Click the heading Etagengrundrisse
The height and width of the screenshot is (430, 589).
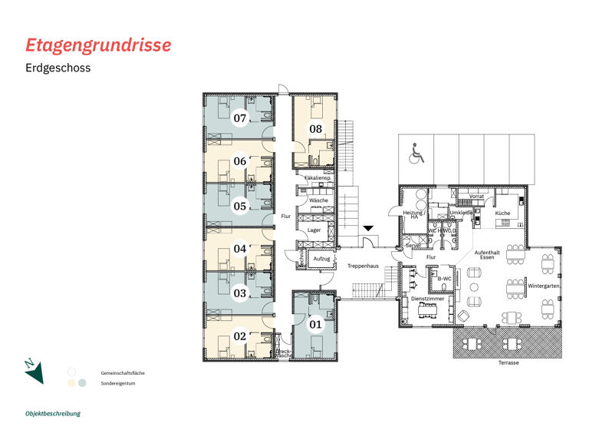pyautogui.click(x=98, y=45)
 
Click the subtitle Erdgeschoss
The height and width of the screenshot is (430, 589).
pyautogui.click(x=58, y=68)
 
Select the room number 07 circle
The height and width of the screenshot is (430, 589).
pyautogui.click(x=240, y=118)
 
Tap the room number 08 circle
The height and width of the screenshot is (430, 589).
pyautogui.click(x=315, y=129)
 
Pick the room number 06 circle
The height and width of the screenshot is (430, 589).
pyautogui.click(x=240, y=161)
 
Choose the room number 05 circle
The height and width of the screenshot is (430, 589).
pyautogui.click(x=240, y=206)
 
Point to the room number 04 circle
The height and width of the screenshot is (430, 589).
pyautogui.click(x=240, y=249)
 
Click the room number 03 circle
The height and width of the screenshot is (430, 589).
pyautogui.click(x=240, y=293)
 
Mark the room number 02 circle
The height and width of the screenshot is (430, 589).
pyautogui.click(x=240, y=336)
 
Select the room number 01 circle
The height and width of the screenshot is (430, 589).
pyautogui.click(x=315, y=325)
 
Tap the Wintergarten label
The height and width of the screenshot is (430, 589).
pyautogui.click(x=543, y=286)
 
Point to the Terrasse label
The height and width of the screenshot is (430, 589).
pyautogui.click(x=508, y=362)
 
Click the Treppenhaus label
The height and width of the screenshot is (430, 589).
pyautogui.click(x=362, y=266)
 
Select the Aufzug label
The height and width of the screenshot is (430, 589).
pyautogui.click(x=322, y=259)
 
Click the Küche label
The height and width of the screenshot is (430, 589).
pyautogui.click(x=502, y=213)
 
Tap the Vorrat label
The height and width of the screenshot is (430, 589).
pyautogui.click(x=476, y=197)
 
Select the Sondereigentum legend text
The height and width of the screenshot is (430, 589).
pyautogui.click(x=117, y=382)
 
